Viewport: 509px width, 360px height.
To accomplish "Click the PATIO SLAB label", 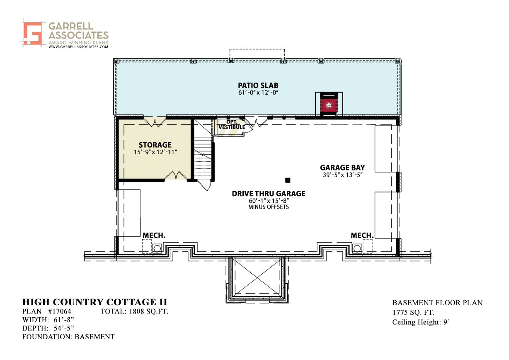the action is (x=258, y=85).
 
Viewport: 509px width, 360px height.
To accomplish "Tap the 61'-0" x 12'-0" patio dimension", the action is (x=258, y=92).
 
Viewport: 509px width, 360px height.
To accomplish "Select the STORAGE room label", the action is (x=155, y=145).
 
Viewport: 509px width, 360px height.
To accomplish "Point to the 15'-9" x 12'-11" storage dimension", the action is (x=155, y=152).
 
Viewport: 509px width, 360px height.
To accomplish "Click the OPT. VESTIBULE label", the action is (x=232, y=124).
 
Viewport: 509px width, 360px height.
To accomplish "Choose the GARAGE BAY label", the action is (x=342, y=168).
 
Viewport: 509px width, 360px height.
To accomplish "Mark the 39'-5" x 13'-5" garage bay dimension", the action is (x=342, y=175).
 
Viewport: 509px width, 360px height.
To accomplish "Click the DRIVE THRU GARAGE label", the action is (x=269, y=194).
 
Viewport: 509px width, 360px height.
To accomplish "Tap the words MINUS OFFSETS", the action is (x=269, y=207).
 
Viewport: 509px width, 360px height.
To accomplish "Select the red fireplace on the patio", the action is (x=329, y=105).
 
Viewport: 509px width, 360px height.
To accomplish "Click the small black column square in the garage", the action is (x=288, y=180).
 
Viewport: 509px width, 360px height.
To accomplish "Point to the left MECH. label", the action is (x=154, y=236).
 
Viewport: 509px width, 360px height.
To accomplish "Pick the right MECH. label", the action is (x=362, y=236).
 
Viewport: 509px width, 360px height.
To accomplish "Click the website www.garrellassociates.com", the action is (x=78, y=46).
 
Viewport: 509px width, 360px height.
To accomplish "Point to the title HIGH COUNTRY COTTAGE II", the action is (x=95, y=302).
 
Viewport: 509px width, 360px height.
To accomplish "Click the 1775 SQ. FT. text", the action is (x=413, y=312).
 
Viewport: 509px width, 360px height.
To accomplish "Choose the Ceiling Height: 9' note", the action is (x=421, y=322).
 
